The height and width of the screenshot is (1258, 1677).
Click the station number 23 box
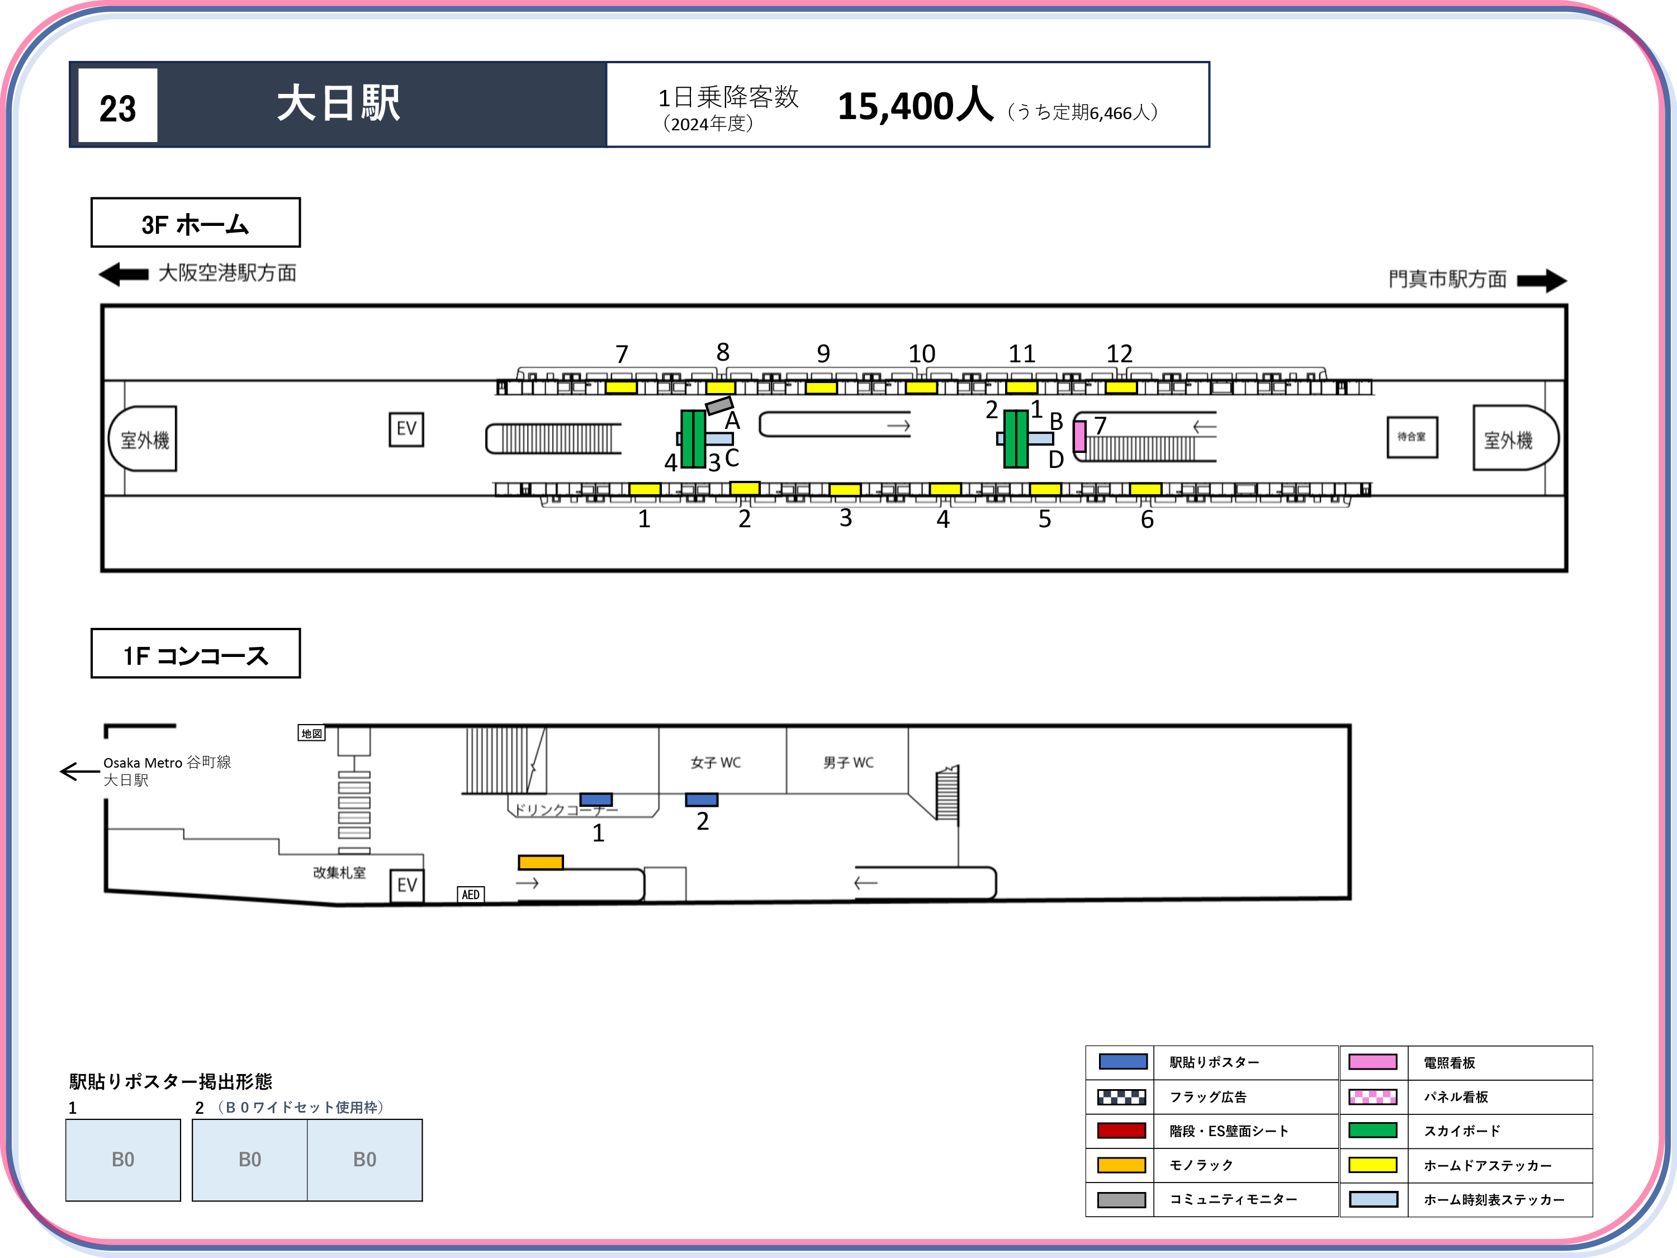coord(117,106)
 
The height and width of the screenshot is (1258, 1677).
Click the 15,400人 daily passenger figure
coord(915,106)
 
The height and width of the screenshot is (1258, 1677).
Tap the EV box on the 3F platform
coord(406,429)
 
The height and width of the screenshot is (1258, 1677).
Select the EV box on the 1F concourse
coord(407,886)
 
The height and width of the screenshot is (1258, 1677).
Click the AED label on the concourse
coord(471,895)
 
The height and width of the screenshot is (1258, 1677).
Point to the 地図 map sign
coord(311,733)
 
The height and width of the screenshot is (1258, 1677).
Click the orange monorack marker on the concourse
coord(541,862)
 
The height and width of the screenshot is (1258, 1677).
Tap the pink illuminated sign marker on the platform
coord(1079,436)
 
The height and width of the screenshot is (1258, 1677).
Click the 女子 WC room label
coord(716,762)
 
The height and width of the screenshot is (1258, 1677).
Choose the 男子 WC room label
coord(849,762)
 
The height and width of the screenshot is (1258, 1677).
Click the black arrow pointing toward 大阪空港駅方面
coord(124,274)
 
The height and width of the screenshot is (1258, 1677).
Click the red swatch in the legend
coord(1121,1131)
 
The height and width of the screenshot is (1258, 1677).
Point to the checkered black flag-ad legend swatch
coord(1121,1096)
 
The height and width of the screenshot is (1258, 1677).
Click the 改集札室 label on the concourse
coord(340,872)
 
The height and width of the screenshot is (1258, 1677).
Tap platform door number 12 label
coord(1119,353)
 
